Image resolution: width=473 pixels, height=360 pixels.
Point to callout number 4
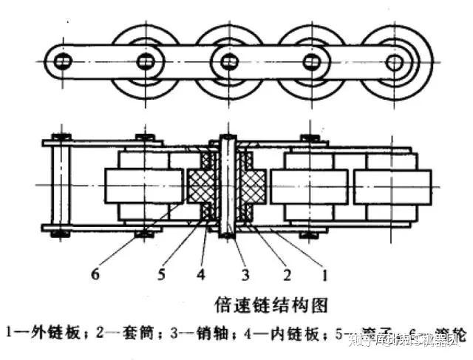[200, 276]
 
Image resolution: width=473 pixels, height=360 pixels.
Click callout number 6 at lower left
[95, 276]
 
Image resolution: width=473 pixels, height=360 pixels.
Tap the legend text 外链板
[51, 333]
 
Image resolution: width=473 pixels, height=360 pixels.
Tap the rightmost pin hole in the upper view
[395, 61]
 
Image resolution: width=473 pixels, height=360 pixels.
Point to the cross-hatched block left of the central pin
[200, 185]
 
